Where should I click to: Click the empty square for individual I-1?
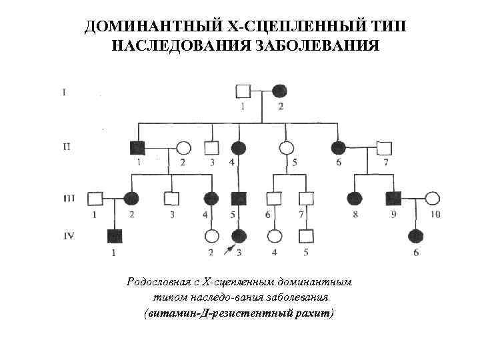pos(243,91)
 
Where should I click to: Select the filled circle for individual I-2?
pos(279,91)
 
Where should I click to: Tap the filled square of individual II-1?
pos(138,148)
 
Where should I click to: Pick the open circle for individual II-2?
pos(183,148)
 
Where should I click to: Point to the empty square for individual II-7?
pos(383,148)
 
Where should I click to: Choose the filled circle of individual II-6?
pos(338,148)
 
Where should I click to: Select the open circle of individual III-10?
pos(433,198)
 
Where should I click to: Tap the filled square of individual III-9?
pos(393,198)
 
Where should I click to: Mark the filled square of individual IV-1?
pos(114,235)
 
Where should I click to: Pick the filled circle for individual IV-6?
pos(416,235)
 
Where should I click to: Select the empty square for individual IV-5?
pos(305,235)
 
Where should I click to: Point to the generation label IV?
pos(68,235)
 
